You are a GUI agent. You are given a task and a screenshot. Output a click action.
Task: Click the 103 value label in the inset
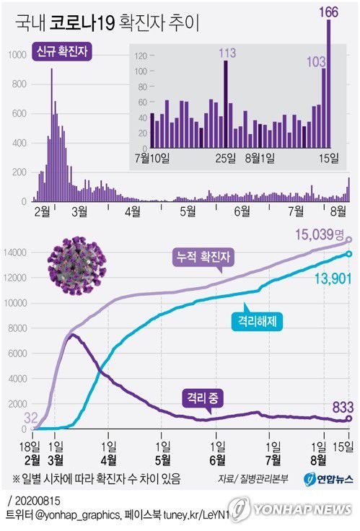(x=315, y=62)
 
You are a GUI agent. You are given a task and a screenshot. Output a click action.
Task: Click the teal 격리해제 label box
(x=255, y=322)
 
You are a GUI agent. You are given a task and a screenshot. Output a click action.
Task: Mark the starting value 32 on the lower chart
(x=31, y=416)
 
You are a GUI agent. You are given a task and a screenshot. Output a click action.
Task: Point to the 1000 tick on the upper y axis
(x=16, y=54)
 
